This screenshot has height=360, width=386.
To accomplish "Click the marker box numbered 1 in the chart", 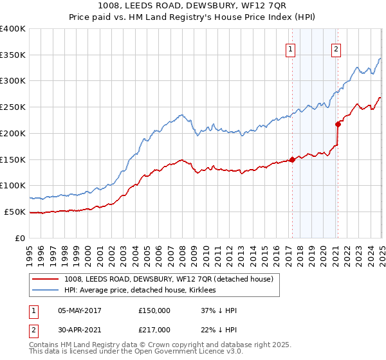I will pyautogui.click(x=291, y=49).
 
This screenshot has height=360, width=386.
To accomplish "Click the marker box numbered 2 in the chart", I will pyautogui.click(x=336, y=49).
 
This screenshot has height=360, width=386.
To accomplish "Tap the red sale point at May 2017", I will pyautogui.click(x=292, y=159).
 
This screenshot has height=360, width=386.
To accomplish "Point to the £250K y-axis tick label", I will pyautogui.click(x=13, y=107).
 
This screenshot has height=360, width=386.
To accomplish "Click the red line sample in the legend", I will pyautogui.click(x=46, y=279).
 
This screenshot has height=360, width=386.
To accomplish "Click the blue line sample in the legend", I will pyautogui.click(x=46, y=291).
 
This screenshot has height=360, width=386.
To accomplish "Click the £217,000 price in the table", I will pyautogui.click(x=154, y=330).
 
